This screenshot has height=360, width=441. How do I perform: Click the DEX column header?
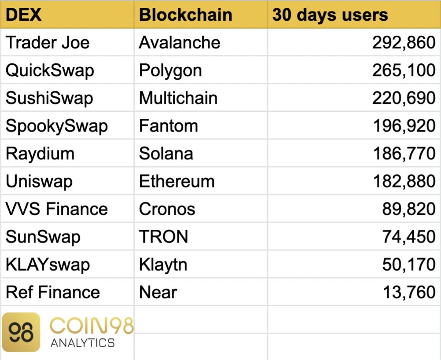24,15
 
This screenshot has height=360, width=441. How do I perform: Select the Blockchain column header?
186,15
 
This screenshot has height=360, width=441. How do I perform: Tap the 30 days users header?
330,15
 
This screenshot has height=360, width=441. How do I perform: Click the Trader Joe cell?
48,42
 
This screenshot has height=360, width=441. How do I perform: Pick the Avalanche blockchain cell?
180,42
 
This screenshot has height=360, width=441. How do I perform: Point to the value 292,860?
404,43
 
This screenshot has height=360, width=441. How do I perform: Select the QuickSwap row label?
50,70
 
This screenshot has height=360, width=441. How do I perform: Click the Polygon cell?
170,71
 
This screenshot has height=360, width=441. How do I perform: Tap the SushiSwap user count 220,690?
404,98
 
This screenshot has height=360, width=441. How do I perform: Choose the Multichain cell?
178,98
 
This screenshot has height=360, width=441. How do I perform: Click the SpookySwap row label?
56,126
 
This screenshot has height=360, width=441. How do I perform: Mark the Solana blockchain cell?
166,154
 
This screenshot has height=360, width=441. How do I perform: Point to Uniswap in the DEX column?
39,181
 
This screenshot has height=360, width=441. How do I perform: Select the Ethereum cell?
176,181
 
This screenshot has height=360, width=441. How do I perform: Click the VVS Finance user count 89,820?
409,209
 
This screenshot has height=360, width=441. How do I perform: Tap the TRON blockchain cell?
163,236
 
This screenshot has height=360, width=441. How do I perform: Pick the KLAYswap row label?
48,265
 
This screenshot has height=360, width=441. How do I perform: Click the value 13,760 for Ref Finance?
409,292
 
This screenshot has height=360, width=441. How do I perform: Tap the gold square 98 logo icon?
21,332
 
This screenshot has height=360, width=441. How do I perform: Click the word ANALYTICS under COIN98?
83,343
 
